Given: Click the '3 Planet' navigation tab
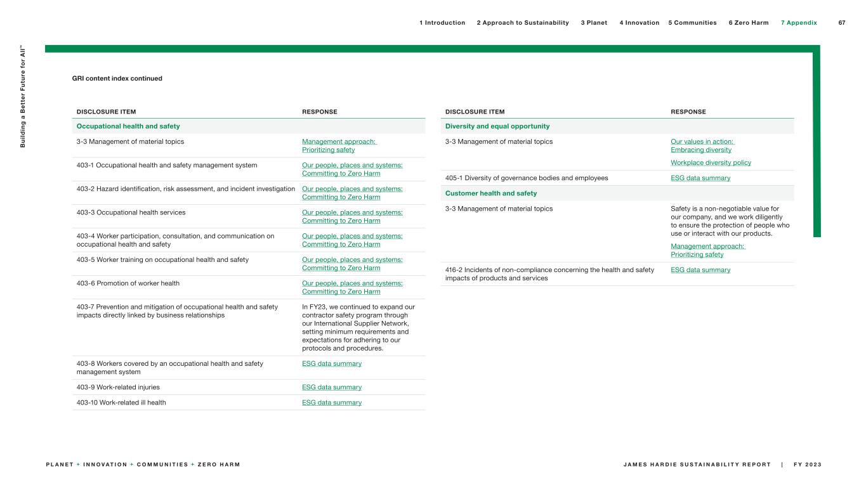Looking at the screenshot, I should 594,23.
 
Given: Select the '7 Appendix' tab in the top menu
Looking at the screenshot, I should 799,23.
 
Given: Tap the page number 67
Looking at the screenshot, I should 842,23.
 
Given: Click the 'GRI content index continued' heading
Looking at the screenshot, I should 117,79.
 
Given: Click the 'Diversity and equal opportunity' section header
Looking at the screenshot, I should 497,126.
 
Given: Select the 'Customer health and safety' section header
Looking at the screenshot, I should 491,193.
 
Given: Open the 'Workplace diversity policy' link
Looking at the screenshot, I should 702,163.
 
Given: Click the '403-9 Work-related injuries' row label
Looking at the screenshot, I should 118,387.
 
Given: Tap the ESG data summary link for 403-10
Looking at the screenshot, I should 332,403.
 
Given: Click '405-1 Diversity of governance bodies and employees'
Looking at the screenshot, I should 527,178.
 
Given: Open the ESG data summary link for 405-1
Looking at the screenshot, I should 700,178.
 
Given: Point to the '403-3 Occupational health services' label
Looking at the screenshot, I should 131,212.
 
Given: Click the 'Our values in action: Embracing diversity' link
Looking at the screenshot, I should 701,146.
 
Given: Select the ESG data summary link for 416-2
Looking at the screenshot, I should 700,270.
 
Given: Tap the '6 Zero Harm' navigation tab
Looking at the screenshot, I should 748,23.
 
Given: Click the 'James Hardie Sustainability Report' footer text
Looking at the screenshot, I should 697,465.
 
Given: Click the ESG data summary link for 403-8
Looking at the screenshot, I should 332,364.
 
